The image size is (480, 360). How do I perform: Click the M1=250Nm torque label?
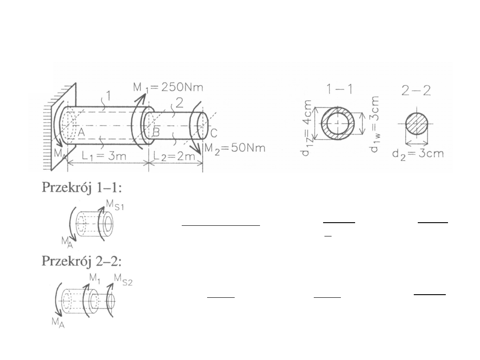coord(168,88)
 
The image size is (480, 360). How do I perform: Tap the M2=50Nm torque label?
coord(235,149)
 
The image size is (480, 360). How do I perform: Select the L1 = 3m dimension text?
coord(104,156)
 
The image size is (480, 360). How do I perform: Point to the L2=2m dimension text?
coord(174,156)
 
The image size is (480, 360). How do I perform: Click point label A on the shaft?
coord(81,133)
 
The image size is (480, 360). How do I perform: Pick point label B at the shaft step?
coord(156,132)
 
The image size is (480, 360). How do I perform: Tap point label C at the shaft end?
coord(214,133)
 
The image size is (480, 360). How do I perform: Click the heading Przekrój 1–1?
coord(82,188)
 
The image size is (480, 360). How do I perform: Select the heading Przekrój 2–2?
coord(82,261)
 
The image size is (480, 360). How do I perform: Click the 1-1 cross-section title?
coord(339,89)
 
